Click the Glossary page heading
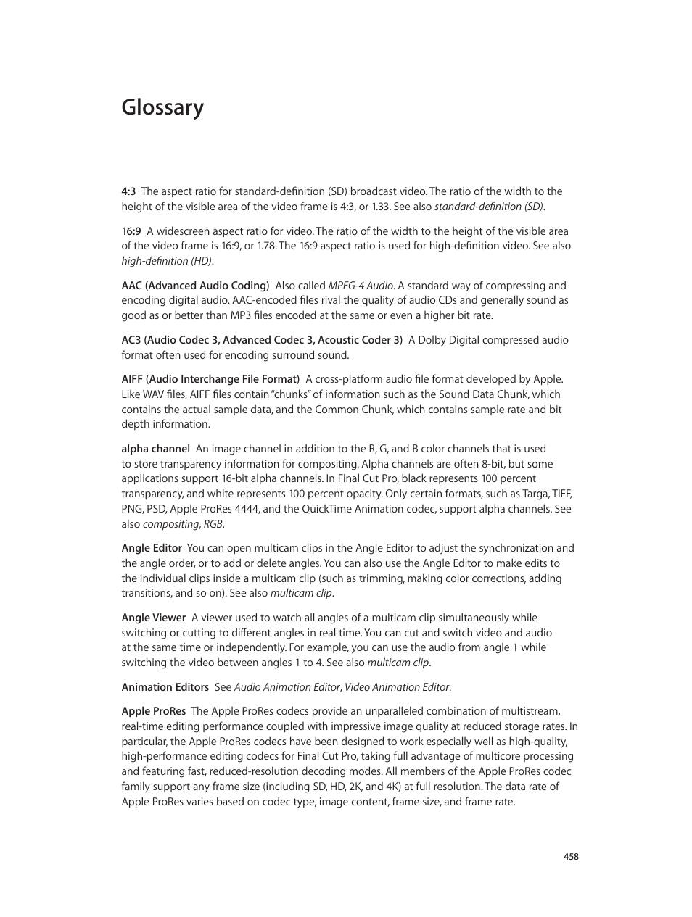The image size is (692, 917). coord(162,107)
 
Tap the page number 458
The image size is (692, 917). coord(571,857)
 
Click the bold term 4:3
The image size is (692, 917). coord(128,192)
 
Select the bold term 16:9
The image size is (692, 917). coord(131,232)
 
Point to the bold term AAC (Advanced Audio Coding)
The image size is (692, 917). coord(195,286)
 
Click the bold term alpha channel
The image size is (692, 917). coord(155,449)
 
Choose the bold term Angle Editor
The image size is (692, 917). coord(151,549)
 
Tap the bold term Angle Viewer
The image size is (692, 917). coord(153,618)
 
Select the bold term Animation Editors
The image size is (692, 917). coord(165,688)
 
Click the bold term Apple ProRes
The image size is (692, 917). coord(153,712)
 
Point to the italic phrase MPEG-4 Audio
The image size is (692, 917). coord(361,286)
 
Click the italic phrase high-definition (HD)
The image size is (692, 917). coord(167,262)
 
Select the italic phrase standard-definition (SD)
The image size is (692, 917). coord(489,207)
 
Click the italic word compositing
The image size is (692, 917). coord(170,525)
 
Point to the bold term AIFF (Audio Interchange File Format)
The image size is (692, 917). coord(210,380)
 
